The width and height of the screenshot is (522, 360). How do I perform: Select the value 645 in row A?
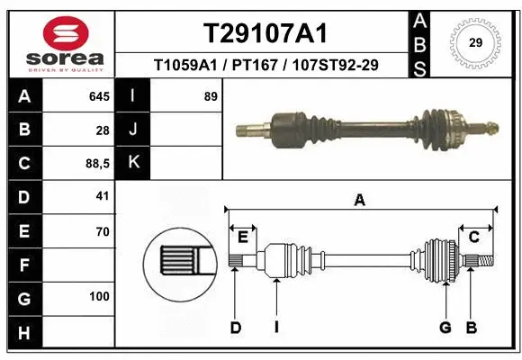98,95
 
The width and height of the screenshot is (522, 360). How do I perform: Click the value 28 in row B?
103,130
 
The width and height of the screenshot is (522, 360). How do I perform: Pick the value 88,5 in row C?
95,164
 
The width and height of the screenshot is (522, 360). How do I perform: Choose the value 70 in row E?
102,231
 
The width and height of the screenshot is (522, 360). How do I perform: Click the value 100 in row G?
99,297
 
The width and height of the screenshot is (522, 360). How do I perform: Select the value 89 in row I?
211,95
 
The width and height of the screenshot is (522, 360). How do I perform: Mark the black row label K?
133,163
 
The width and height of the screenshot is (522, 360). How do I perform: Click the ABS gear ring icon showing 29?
476,41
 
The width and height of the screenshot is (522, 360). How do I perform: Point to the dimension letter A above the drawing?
360,201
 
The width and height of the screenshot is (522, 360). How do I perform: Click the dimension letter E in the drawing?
243,236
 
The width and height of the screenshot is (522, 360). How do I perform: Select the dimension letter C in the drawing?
473,236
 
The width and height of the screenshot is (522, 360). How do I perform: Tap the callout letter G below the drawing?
445,328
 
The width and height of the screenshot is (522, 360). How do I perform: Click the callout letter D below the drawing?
235,328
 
